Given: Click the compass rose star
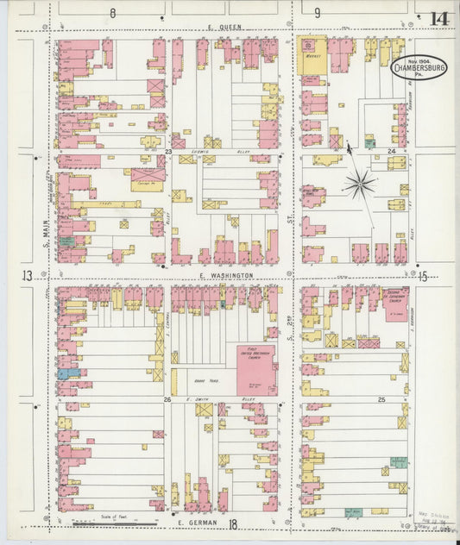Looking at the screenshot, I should [x=359, y=183].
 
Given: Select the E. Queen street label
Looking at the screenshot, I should [x=224, y=28].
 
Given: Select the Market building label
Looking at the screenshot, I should [x=312, y=56].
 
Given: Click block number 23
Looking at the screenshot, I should [x=170, y=151].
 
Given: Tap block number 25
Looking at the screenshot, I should [x=381, y=400].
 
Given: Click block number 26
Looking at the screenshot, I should [x=169, y=399].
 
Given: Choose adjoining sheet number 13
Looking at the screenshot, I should [x=28, y=276].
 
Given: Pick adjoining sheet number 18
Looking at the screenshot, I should [x=233, y=523].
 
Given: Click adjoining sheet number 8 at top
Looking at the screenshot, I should [x=112, y=13].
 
